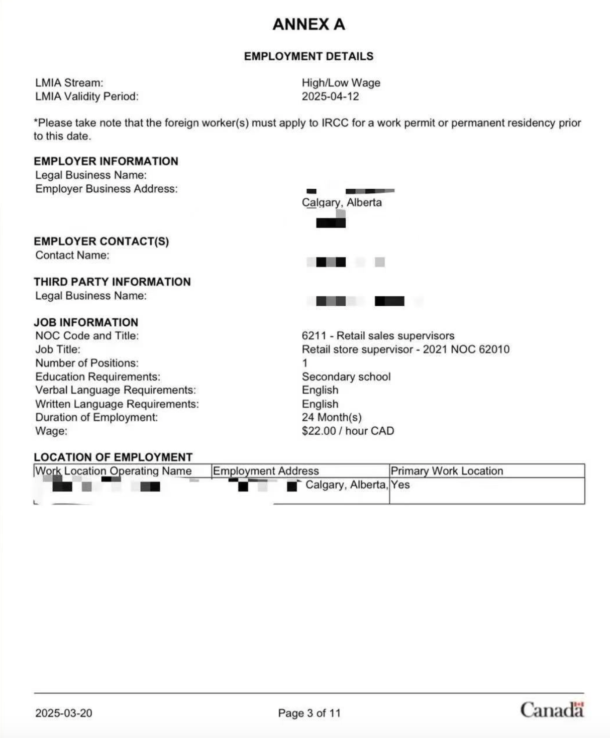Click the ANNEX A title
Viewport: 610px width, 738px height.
tap(309, 24)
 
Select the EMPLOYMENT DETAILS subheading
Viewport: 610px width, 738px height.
tap(309, 56)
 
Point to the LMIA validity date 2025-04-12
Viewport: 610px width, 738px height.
tap(330, 96)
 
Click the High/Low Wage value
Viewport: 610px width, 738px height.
tap(341, 83)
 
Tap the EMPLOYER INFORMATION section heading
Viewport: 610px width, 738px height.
tap(106, 161)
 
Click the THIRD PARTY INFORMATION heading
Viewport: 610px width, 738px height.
tap(112, 282)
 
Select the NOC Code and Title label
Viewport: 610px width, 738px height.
tap(87, 336)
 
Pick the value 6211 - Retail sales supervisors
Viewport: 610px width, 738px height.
tap(378, 336)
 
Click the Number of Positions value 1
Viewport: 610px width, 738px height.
tap(305, 363)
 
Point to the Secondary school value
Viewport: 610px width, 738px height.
tap(346, 377)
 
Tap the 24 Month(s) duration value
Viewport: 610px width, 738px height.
tap(332, 417)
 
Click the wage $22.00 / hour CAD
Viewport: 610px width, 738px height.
tap(348, 431)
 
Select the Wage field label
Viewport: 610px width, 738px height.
tap(51, 431)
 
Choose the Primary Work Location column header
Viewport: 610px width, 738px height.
tap(447, 471)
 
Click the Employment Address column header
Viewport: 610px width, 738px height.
tap(266, 471)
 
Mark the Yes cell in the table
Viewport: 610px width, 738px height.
tap(400, 485)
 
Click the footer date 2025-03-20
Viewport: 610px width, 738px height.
tap(64, 713)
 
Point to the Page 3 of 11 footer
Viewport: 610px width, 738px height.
tap(309, 713)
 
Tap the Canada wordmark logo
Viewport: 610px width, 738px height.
tap(552, 710)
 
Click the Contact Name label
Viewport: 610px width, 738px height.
tap(72, 255)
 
